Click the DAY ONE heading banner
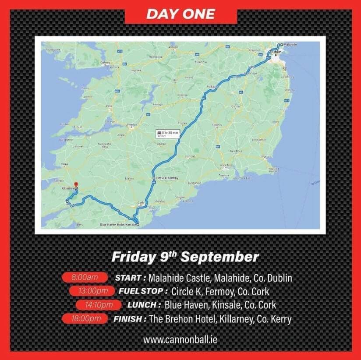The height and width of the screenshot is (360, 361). pyautogui.click(x=180, y=14)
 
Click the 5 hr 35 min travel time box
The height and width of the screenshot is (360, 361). pyautogui.click(x=166, y=133)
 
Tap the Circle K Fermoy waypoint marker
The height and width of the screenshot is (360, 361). pyautogui.click(x=154, y=178)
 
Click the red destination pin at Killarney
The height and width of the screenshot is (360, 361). pyautogui.click(x=76, y=184)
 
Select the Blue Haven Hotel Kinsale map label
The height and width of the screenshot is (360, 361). pyautogui.click(x=118, y=225)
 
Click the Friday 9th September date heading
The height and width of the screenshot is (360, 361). pyautogui.click(x=185, y=257)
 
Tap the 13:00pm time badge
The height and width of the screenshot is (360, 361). pyautogui.click(x=90, y=291)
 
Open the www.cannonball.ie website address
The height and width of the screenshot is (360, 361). pyautogui.click(x=180, y=339)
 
